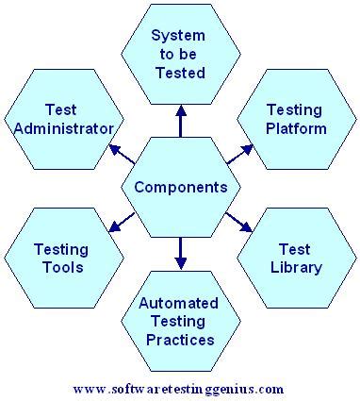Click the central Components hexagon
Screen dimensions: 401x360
(181, 187)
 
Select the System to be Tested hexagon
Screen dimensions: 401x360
(181, 54)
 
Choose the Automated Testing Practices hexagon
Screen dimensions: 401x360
(181, 321)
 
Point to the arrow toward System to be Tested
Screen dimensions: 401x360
(181, 121)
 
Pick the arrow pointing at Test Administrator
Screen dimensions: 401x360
(121, 151)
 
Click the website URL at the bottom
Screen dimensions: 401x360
(178, 388)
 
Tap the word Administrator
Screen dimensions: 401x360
(66, 127)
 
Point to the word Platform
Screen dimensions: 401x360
(296, 127)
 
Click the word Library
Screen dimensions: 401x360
(296, 267)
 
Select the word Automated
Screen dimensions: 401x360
(181, 304)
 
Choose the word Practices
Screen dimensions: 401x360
(181, 338)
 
